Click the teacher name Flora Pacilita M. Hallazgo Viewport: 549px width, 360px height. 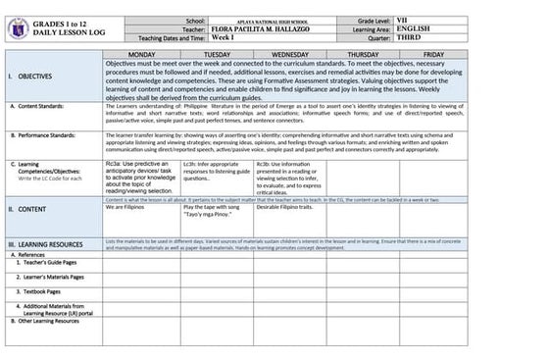[274, 29]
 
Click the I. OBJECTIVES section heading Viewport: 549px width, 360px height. [31, 76]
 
